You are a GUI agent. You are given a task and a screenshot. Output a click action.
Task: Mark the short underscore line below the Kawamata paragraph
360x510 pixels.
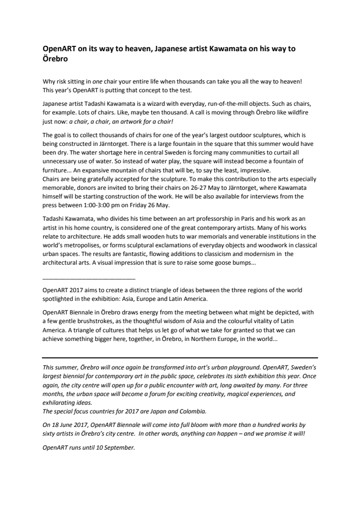point(89,279)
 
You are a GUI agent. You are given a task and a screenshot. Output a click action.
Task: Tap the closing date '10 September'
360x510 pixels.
point(116,448)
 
